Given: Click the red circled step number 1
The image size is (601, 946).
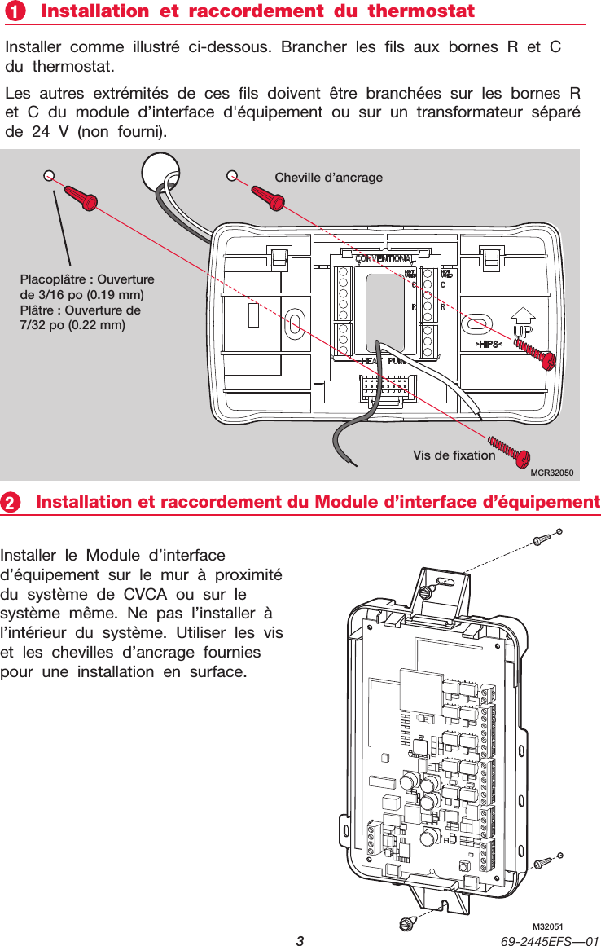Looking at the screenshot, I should [x=14, y=12].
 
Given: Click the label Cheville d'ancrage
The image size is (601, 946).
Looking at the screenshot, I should [x=328, y=177].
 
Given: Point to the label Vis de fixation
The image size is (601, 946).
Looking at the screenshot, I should [x=454, y=455].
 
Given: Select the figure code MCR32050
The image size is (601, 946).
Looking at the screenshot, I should [x=552, y=473].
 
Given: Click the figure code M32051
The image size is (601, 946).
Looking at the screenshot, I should [x=548, y=927].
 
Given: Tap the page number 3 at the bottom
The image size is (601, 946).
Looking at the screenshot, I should [x=300, y=940].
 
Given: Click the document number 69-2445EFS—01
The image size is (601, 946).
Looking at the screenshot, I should [x=551, y=940].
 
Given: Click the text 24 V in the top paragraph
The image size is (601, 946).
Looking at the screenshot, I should [x=50, y=131].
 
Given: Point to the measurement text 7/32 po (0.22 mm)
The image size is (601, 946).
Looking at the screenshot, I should [x=72, y=325].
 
